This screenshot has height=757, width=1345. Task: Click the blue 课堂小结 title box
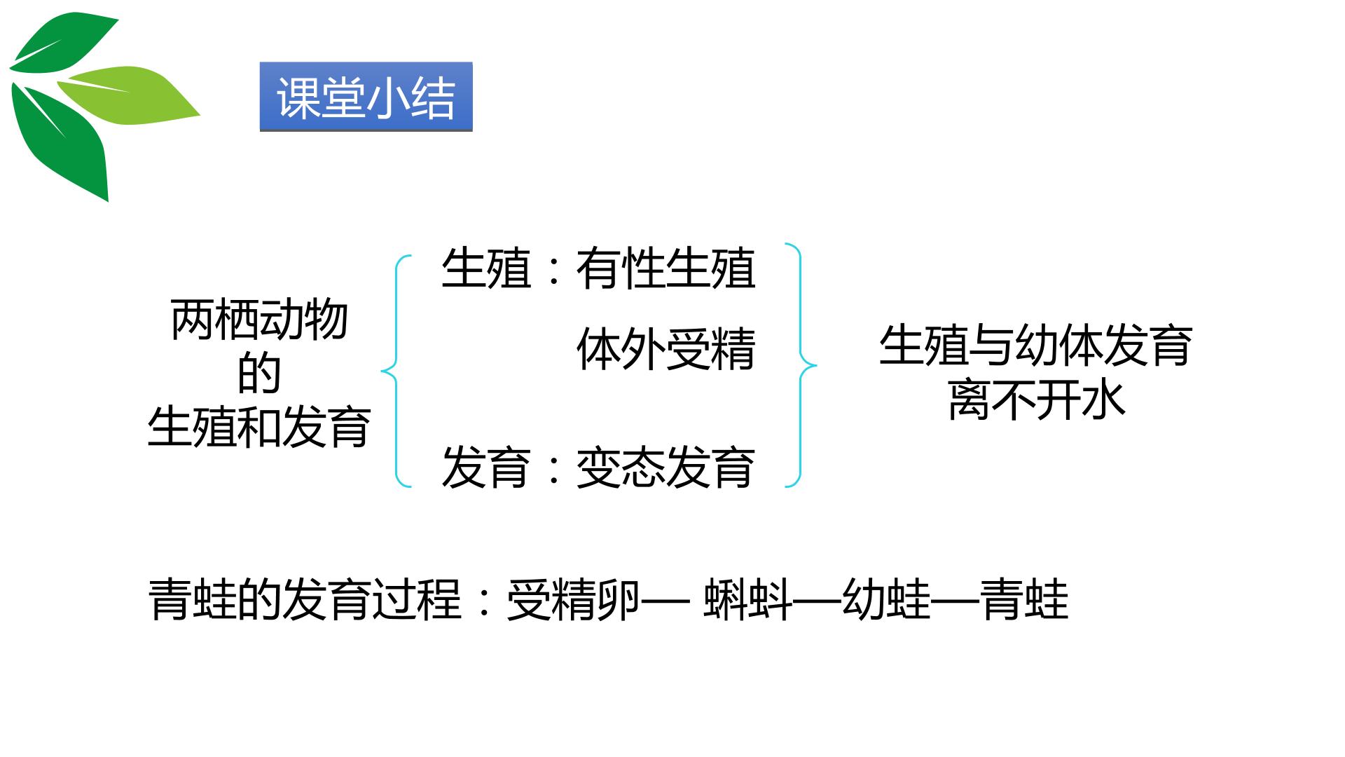click(x=366, y=97)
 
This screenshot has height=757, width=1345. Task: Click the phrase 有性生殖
click(x=665, y=268)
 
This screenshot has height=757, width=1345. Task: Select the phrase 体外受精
click(x=665, y=349)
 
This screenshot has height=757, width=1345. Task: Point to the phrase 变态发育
click(x=665, y=468)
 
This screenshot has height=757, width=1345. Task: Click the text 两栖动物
click(x=260, y=321)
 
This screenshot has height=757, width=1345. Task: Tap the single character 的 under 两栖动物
click(x=260, y=374)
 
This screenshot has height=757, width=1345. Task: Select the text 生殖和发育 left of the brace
click(x=260, y=428)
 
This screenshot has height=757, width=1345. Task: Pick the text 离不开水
click(x=1036, y=400)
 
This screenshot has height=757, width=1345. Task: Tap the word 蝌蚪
click(x=748, y=599)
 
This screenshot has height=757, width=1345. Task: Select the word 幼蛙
click(x=888, y=599)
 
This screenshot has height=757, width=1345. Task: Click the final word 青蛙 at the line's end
click(x=1024, y=599)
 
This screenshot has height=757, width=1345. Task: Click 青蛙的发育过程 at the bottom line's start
click(x=305, y=599)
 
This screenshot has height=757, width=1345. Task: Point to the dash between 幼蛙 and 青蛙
click(x=956, y=600)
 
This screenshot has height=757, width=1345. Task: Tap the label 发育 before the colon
click(x=485, y=468)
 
